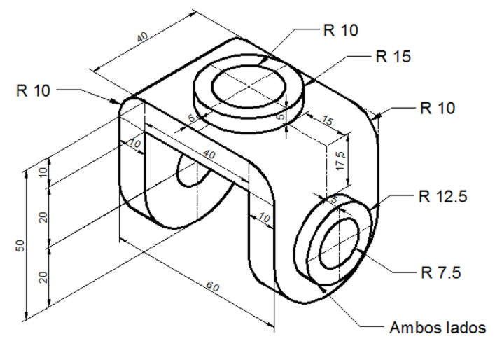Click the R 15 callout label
(x=393, y=57)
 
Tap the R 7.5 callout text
(x=438, y=272)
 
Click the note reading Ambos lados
(x=436, y=327)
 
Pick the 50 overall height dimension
(x=21, y=246)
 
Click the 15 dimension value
(x=327, y=121)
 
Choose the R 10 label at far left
(x=32, y=90)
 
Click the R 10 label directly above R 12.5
(x=437, y=108)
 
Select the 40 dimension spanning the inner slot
(x=208, y=153)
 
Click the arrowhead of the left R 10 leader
(x=115, y=102)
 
